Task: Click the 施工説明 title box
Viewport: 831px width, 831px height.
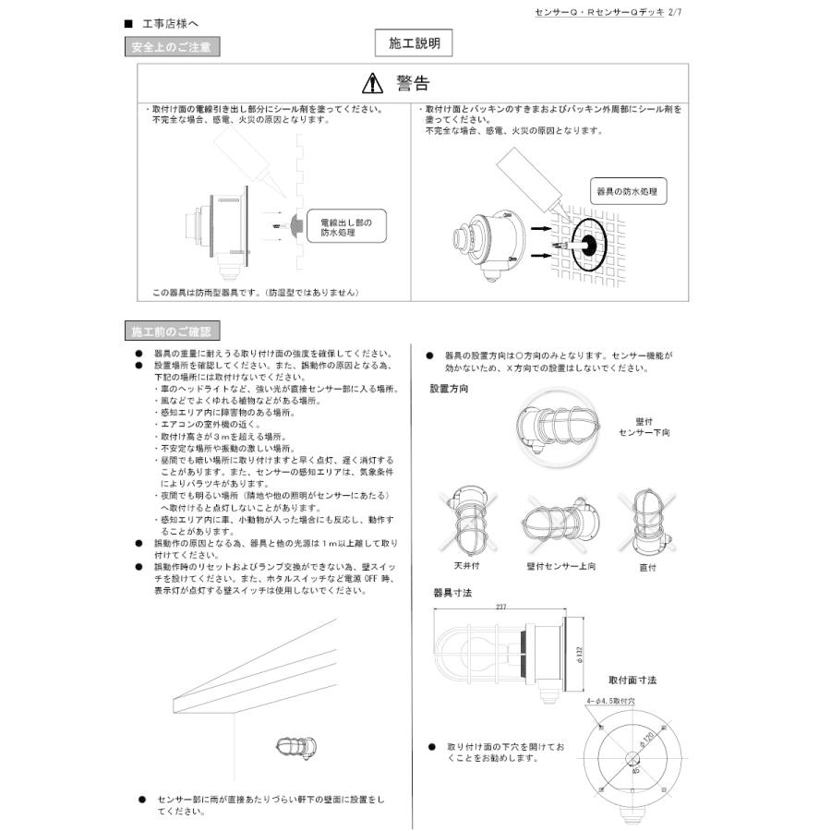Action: coord(415,42)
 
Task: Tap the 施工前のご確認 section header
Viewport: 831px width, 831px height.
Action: coord(172,331)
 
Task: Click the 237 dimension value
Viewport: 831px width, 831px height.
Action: coord(501,607)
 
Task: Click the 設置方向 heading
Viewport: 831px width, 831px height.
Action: coord(449,389)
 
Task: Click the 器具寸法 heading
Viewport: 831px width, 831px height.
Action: coord(452,592)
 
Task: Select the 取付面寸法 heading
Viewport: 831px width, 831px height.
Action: coord(632,680)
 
